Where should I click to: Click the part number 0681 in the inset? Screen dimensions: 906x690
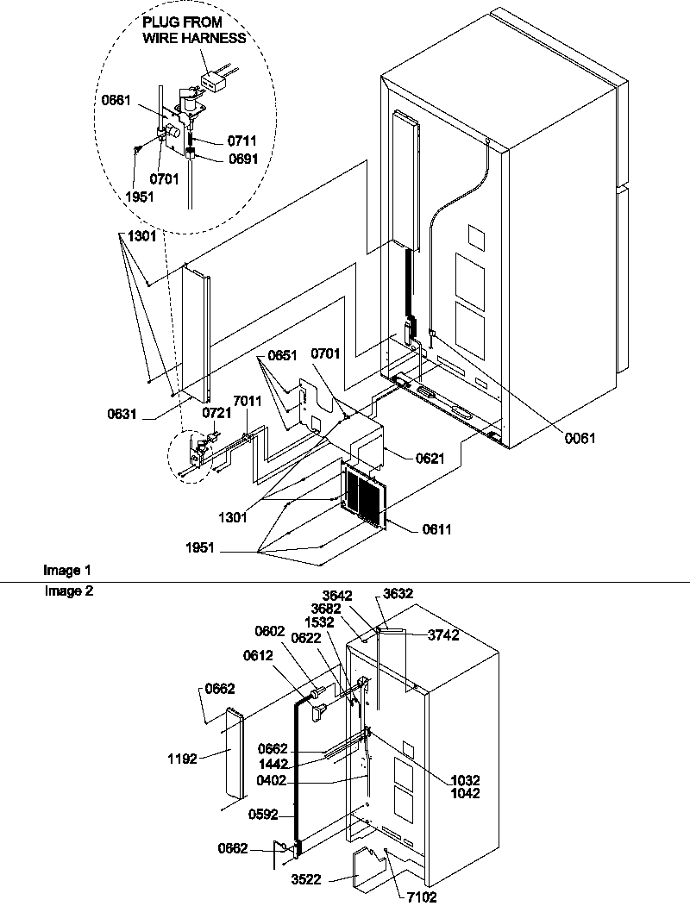point(116,100)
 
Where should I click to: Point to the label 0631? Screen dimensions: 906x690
point(122,413)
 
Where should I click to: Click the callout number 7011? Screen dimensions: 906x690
point(247,402)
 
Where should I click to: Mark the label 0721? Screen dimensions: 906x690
point(216,414)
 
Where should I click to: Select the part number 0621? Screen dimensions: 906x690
point(430,459)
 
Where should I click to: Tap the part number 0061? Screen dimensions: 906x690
point(580,438)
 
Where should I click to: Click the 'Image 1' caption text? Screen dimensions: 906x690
point(66,571)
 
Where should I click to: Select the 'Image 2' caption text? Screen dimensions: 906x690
point(66,591)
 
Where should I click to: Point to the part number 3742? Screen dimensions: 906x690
point(443,634)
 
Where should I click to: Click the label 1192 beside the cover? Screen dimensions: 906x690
point(183,759)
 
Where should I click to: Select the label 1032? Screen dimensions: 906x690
point(465,780)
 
